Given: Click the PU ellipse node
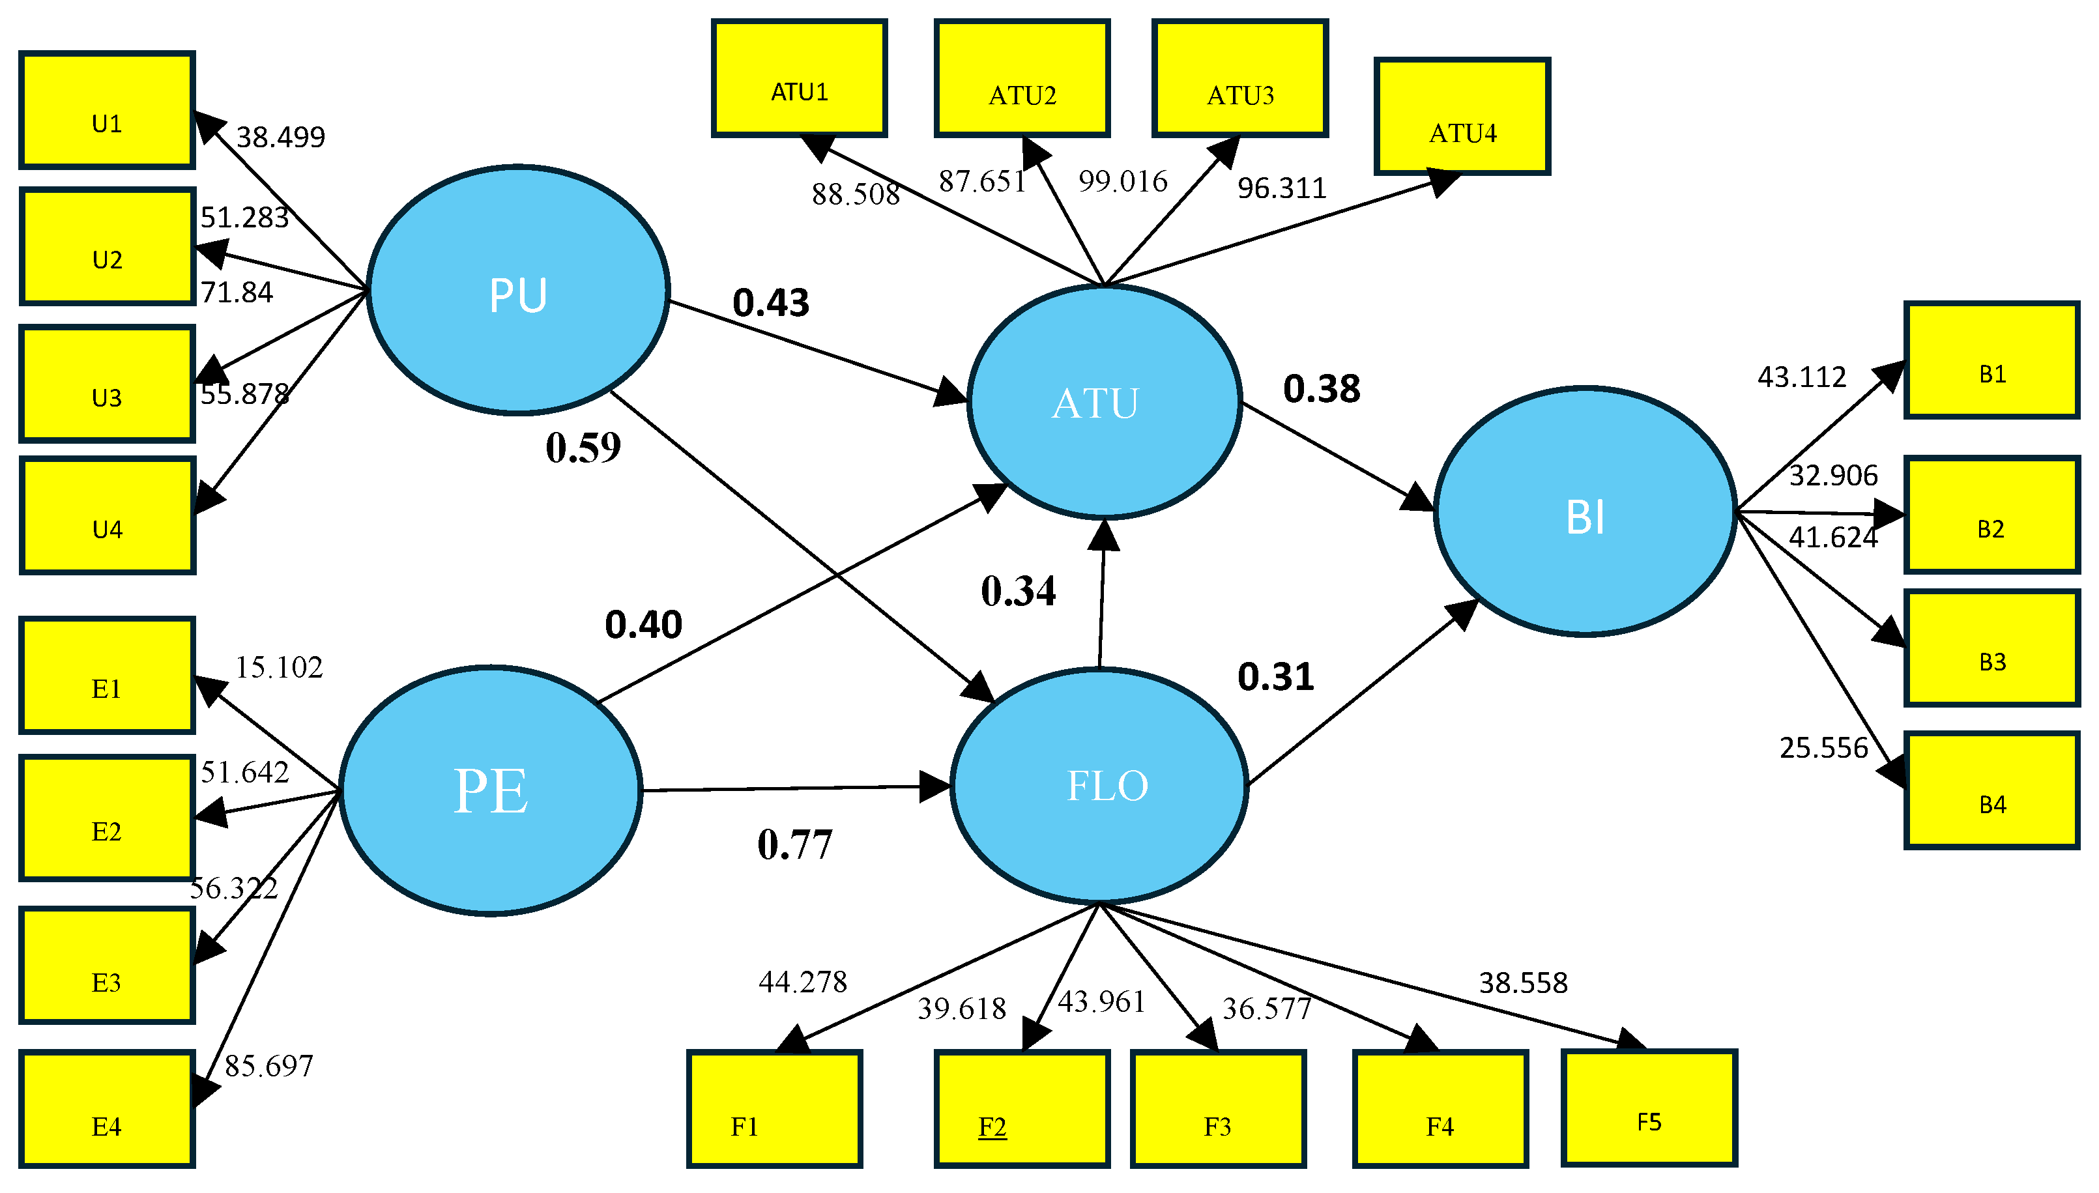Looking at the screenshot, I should click(518, 291).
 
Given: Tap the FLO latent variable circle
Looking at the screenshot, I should click(1099, 786).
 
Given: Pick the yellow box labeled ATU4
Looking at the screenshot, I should click(1462, 117).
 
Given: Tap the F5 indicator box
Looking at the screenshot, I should click(1649, 1107).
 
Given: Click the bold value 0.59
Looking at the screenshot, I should click(583, 448).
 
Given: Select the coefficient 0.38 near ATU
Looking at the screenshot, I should click(1321, 388).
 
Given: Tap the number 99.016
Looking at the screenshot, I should click(1122, 181).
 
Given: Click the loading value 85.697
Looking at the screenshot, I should click(268, 1065).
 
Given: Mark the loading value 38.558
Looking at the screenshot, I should click(1522, 983).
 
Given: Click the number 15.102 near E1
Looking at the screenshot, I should click(278, 667).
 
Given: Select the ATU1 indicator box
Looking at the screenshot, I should click(799, 79).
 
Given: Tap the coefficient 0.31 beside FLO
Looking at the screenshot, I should click(1275, 677).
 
